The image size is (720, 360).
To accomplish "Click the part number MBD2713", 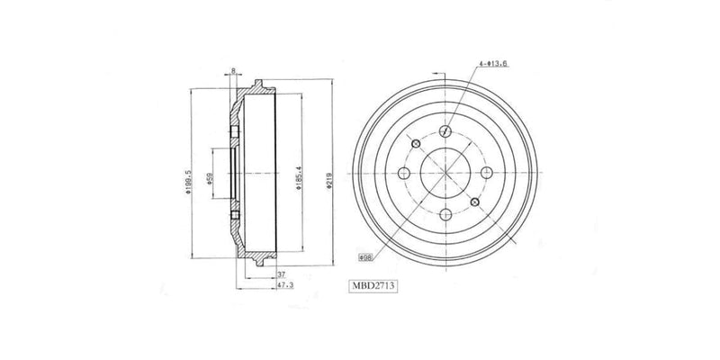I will point(374,286).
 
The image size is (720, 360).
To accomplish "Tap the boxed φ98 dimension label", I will point(366,256).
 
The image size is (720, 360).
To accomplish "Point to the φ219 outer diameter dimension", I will point(331,174).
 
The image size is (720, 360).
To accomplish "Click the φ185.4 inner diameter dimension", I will point(297,174).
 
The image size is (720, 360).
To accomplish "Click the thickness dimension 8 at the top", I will point(234,70).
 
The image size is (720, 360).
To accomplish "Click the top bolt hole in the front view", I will point(445,130).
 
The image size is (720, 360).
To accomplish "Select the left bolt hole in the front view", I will point(402,174).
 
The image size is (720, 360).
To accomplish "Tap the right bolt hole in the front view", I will point(487,174).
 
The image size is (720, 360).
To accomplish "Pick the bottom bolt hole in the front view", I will point(445,215).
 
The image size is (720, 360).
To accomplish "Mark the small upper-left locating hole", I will point(415,144).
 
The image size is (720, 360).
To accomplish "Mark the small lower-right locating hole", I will point(475,203).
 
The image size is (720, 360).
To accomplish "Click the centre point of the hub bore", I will point(445,174).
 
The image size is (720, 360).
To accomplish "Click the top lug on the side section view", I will point(258,85).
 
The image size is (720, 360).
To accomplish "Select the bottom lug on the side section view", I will point(258,262).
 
